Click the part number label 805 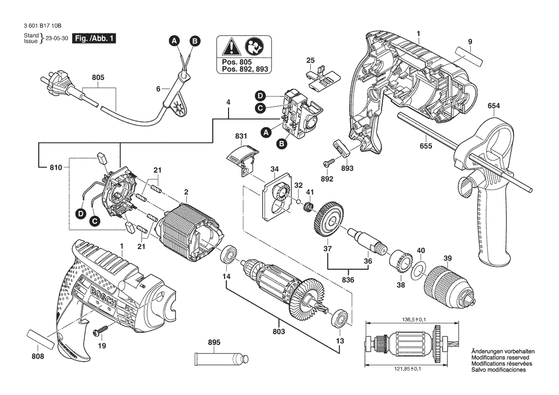(x=98, y=77)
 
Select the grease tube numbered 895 (x=221, y=358)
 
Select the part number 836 (x=348, y=279)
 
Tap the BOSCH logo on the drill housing (x=102, y=293)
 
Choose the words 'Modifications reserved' (x=500, y=358)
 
